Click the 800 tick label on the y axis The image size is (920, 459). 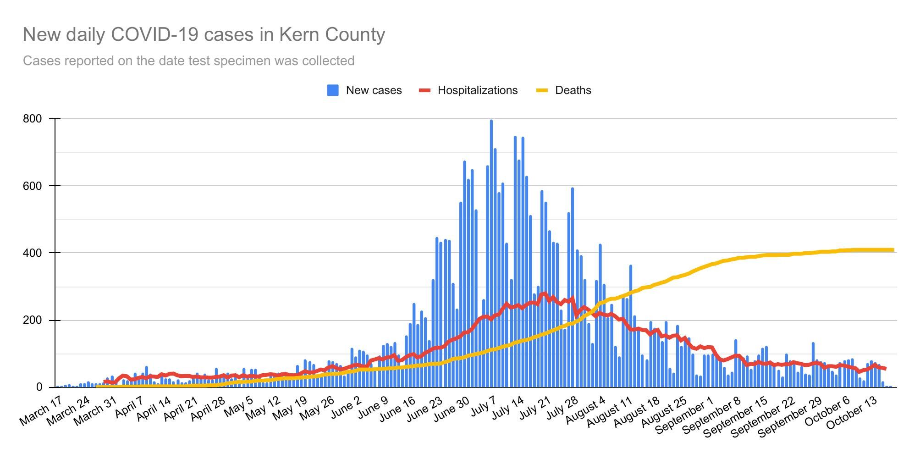(32, 119)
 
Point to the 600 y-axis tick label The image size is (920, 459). (32, 186)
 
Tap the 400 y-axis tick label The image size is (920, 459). (32, 253)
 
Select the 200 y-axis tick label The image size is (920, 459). (32, 320)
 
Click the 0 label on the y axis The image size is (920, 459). (39, 387)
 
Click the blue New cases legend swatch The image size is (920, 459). (333, 90)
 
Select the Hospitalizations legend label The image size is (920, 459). (477, 90)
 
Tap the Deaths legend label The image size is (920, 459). (573, 90)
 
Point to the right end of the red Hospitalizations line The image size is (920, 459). (885, 369)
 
